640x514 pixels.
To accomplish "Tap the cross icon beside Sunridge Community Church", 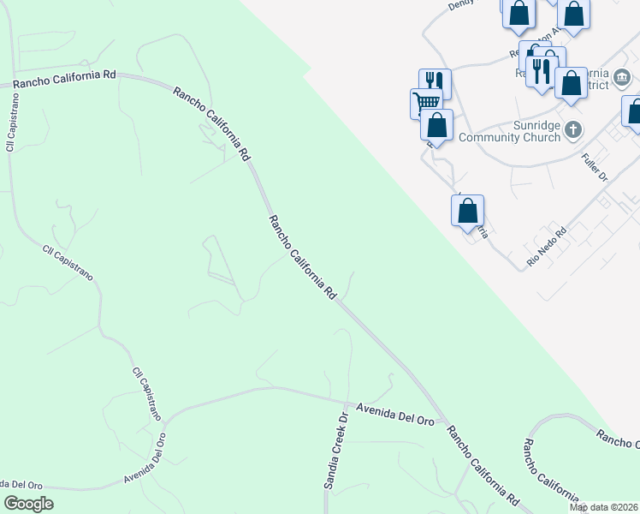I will (x=573, y=130).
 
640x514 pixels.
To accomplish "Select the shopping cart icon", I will (x=426, y=104).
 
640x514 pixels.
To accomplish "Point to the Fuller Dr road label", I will (x=594, y=166).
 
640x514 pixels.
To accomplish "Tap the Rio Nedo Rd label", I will (x=548, y=247).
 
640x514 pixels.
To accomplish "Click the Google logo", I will (x=28, y=504).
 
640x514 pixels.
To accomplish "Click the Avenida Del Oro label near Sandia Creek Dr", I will (x=395, y=414).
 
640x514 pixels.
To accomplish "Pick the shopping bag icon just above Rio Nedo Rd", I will (x=467, y=210).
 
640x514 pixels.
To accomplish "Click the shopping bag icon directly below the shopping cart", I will (x=436, y=125).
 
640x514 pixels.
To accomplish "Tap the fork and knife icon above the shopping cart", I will (x=434, y=83).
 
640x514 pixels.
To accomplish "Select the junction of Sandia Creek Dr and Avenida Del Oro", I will (x=345, y=401).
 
